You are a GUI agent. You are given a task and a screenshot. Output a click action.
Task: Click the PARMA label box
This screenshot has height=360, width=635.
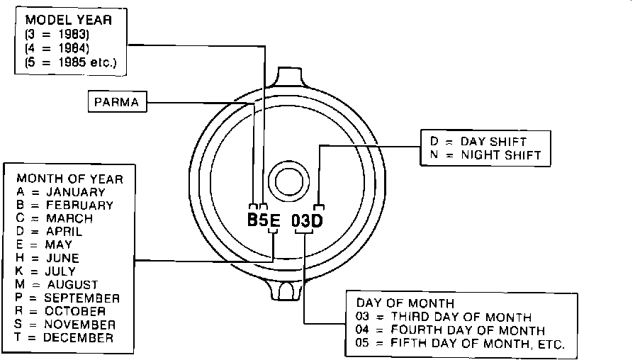click(x=117, y=101)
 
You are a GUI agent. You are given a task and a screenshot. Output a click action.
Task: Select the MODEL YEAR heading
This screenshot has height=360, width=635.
click(x=69, y=20)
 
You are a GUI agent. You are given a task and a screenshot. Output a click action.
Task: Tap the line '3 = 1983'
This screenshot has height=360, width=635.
click(x=57, y=35)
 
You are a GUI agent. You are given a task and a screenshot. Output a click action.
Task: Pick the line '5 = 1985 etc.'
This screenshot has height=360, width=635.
click(x=71, y=62)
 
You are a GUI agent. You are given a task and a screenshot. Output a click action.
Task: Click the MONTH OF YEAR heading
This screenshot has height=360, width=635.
click(x=69, y=179)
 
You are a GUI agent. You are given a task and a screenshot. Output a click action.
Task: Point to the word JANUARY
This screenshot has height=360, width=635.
click(x=76, y=192)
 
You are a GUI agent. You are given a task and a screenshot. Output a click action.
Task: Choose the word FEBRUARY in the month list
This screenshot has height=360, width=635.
click(x=79, y=206)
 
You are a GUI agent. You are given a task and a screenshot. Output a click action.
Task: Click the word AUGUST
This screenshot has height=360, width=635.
click(x=72, y=285)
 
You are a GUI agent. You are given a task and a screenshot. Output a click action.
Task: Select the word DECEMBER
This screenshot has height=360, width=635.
click(x=78, y=338)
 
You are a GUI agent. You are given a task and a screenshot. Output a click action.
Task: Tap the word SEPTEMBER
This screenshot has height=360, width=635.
click(x=82, y=298)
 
